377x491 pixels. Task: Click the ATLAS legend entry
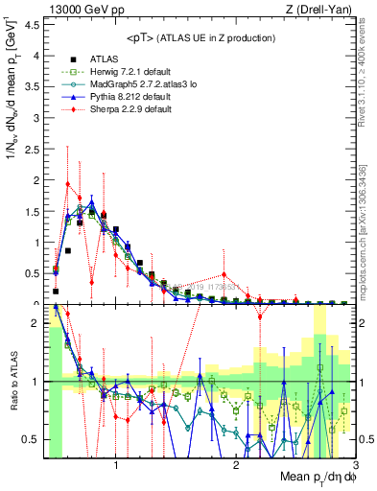pyautogui.click(x=91, y=58)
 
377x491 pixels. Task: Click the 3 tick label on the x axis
pyautogui.click(x=355, y=464)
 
